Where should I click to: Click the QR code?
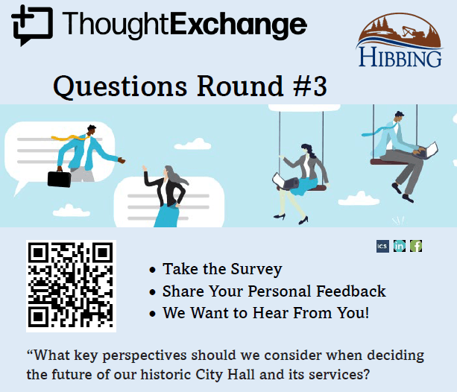tap(71, 286)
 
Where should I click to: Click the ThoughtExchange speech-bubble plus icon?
tap(32, 25)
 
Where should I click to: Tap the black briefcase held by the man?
tap(59, 178)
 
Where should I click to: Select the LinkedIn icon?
tap(400, 246)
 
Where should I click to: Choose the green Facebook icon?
tap(416, 246)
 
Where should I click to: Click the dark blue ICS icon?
tap(382, 246)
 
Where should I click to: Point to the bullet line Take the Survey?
tap(222, 269)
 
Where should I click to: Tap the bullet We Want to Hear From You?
tap(265, 312)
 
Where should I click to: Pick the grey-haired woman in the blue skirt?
tap(165, 195)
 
